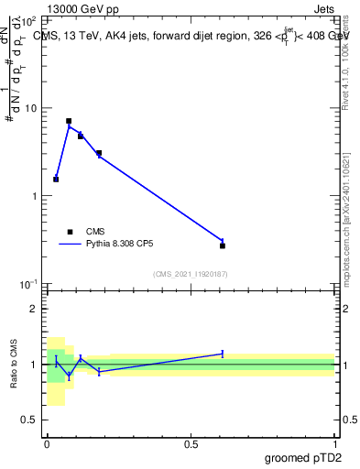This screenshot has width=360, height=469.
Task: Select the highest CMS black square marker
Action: click(69, 121)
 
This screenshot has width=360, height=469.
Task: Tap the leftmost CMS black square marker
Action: click(56, 179)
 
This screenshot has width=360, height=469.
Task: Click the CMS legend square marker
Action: click(69, 232)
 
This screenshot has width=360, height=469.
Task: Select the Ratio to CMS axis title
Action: click(16, 364)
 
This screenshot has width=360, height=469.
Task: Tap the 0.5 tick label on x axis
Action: click(191, 443)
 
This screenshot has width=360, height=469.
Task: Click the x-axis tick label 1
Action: click(334, 443)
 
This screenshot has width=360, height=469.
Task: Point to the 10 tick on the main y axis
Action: click(29, 108)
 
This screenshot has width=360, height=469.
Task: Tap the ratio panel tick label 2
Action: click(32, 309)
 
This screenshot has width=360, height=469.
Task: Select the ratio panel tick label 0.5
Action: click(27, 420)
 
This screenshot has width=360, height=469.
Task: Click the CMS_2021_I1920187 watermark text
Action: click(191, 274)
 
